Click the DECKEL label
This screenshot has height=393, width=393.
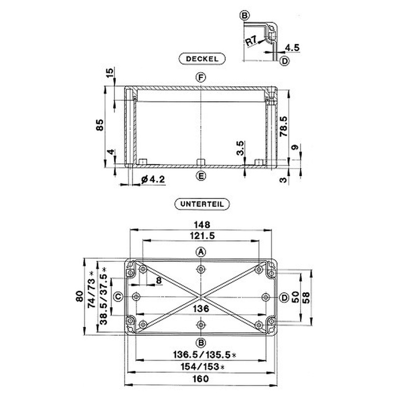click(202, 59)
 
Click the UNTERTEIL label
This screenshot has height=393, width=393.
click(202, 204)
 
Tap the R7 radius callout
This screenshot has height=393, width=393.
click(251, 41)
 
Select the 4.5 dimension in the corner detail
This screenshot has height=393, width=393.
click(292, 47)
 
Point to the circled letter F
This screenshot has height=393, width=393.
click(201, 78)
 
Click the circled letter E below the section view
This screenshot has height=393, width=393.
click(201, 176)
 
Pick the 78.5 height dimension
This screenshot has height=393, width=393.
click(283, 126)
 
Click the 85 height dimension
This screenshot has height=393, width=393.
click(100, 125)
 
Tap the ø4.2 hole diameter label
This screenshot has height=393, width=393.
click(153, 179)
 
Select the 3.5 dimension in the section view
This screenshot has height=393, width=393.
click(240, 148)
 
